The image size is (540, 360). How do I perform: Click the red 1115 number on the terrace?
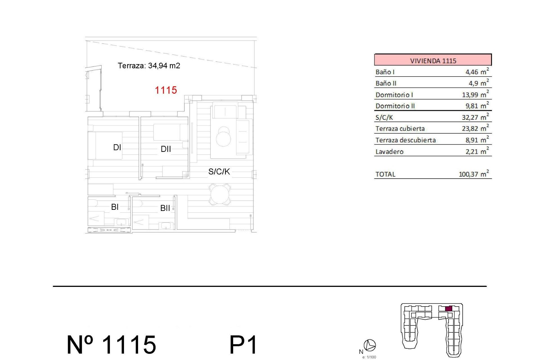166,90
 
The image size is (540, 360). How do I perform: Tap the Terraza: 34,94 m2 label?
149,66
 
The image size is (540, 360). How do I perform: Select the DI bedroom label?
117,147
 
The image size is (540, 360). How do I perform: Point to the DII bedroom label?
166,149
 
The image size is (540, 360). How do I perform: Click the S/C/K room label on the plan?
219,172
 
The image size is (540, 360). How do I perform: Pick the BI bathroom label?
115,207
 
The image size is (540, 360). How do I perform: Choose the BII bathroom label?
165,208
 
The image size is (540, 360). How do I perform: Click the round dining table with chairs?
220,194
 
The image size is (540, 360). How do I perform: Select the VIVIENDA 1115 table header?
433,60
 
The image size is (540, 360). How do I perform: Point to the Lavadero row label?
390,152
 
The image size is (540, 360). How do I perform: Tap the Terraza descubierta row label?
406,140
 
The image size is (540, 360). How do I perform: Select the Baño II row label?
386,83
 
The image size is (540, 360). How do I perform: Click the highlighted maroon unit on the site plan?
449,309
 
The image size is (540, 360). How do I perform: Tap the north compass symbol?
370,345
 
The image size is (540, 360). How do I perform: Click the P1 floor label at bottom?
243,345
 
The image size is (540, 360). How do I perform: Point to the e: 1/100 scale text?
369,357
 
